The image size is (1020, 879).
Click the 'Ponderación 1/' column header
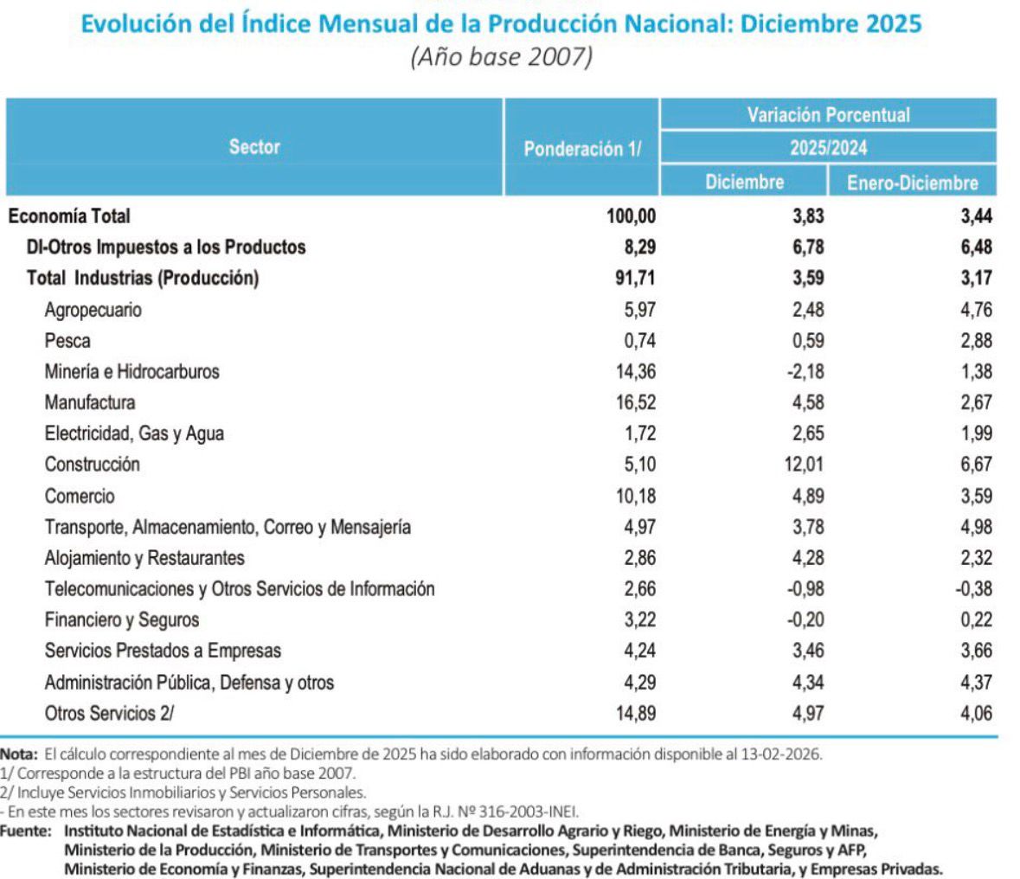click(x=582, y=148)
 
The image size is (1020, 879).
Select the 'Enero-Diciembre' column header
click(x=912, y=183)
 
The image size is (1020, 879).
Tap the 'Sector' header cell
click(x=254, y=147)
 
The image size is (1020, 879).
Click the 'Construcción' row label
click(x=92, y=465)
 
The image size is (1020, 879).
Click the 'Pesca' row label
click(x=67, y=341)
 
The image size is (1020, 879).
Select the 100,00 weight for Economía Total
click(x=631, y=215)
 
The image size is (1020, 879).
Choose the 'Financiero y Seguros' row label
click(x=122, y=620)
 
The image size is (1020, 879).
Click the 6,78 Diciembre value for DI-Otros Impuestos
click(x=808, y=247)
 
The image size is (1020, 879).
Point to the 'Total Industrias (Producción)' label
click(x=143, y=278)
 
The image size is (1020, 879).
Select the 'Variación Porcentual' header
click(x=828, y=115)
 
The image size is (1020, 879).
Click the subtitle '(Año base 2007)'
click(x=501, y=58)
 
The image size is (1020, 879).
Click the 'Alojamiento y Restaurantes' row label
click(x=144, y=558)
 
